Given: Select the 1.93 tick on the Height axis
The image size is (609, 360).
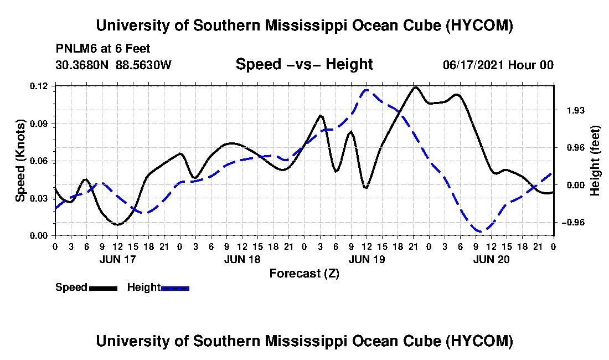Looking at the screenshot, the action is (x=576, y=111).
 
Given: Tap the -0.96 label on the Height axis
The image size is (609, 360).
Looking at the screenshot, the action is (x=573, y=223).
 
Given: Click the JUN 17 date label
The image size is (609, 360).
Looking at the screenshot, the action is (x=118, y=259).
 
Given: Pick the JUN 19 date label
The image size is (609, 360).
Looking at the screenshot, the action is (x=367, y=259).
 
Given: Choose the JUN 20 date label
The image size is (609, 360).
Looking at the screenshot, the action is (x=491, y=259).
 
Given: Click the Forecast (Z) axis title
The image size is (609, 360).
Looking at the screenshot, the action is (x=304, y=274).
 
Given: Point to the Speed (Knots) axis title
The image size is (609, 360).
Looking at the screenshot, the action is (x=20, y=161).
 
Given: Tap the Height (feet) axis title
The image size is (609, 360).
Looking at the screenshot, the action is (x=595, y=161).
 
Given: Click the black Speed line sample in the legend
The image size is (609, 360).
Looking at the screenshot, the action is (x=103, y=288).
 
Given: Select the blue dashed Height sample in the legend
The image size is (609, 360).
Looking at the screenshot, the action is (x=175, y=288).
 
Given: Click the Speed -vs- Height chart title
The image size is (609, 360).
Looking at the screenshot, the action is (x=304, y=64).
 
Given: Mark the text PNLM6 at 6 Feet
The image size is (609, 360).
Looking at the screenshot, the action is (x=103, y=49).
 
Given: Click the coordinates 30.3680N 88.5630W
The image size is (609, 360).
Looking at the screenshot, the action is (x=113, y=65).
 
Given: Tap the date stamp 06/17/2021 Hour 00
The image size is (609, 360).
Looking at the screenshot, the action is (x=498, y=65).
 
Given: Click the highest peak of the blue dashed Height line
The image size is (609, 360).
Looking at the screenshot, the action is (x=367, y=90).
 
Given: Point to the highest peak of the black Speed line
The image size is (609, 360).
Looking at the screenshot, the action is (x=415, y=88).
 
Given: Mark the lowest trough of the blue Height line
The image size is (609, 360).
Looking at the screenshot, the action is (x=481, y=232).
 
